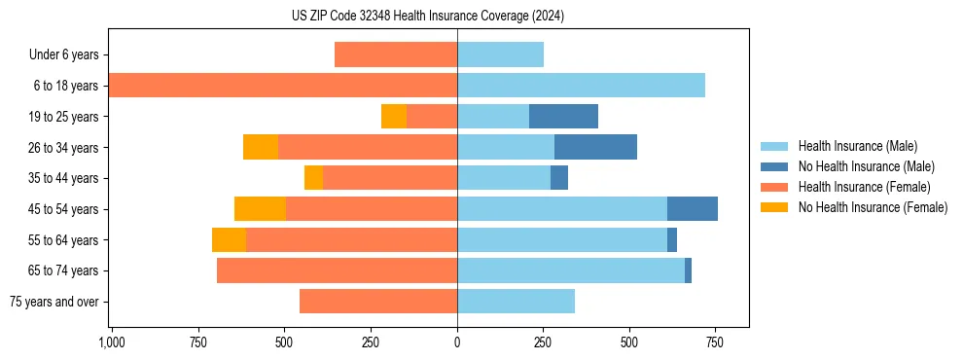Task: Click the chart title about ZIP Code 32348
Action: (428, 17)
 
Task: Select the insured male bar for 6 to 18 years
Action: (581, 86)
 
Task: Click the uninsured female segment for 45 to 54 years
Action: (260, 209)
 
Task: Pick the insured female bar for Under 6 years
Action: (396, 54)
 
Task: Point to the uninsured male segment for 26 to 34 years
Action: (595, 148)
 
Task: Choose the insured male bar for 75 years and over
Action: (516, 302)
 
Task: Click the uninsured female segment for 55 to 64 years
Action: (229, 240)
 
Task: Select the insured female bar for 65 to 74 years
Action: (337, 270)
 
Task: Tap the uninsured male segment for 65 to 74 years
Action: (688, 270)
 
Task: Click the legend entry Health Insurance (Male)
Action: (857, 146)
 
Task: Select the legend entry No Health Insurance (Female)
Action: (873, 207)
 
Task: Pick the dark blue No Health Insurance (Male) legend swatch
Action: (774, 166)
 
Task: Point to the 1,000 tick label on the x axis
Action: (111, 342)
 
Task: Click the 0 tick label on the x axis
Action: (457, 342)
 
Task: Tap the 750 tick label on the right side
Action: (715, 342)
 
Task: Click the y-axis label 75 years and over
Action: (54, 302)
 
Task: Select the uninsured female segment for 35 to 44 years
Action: (313, 178)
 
